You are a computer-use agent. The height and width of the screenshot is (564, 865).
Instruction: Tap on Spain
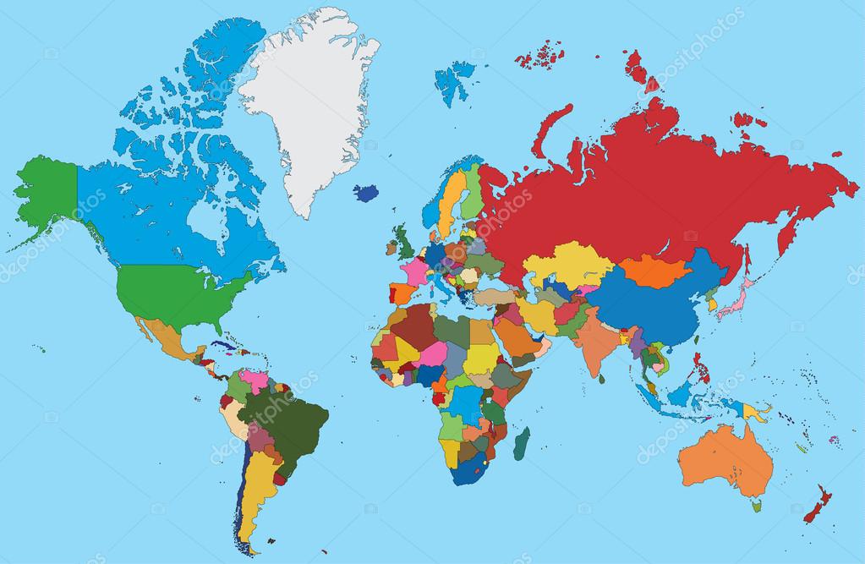pos(402,293)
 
